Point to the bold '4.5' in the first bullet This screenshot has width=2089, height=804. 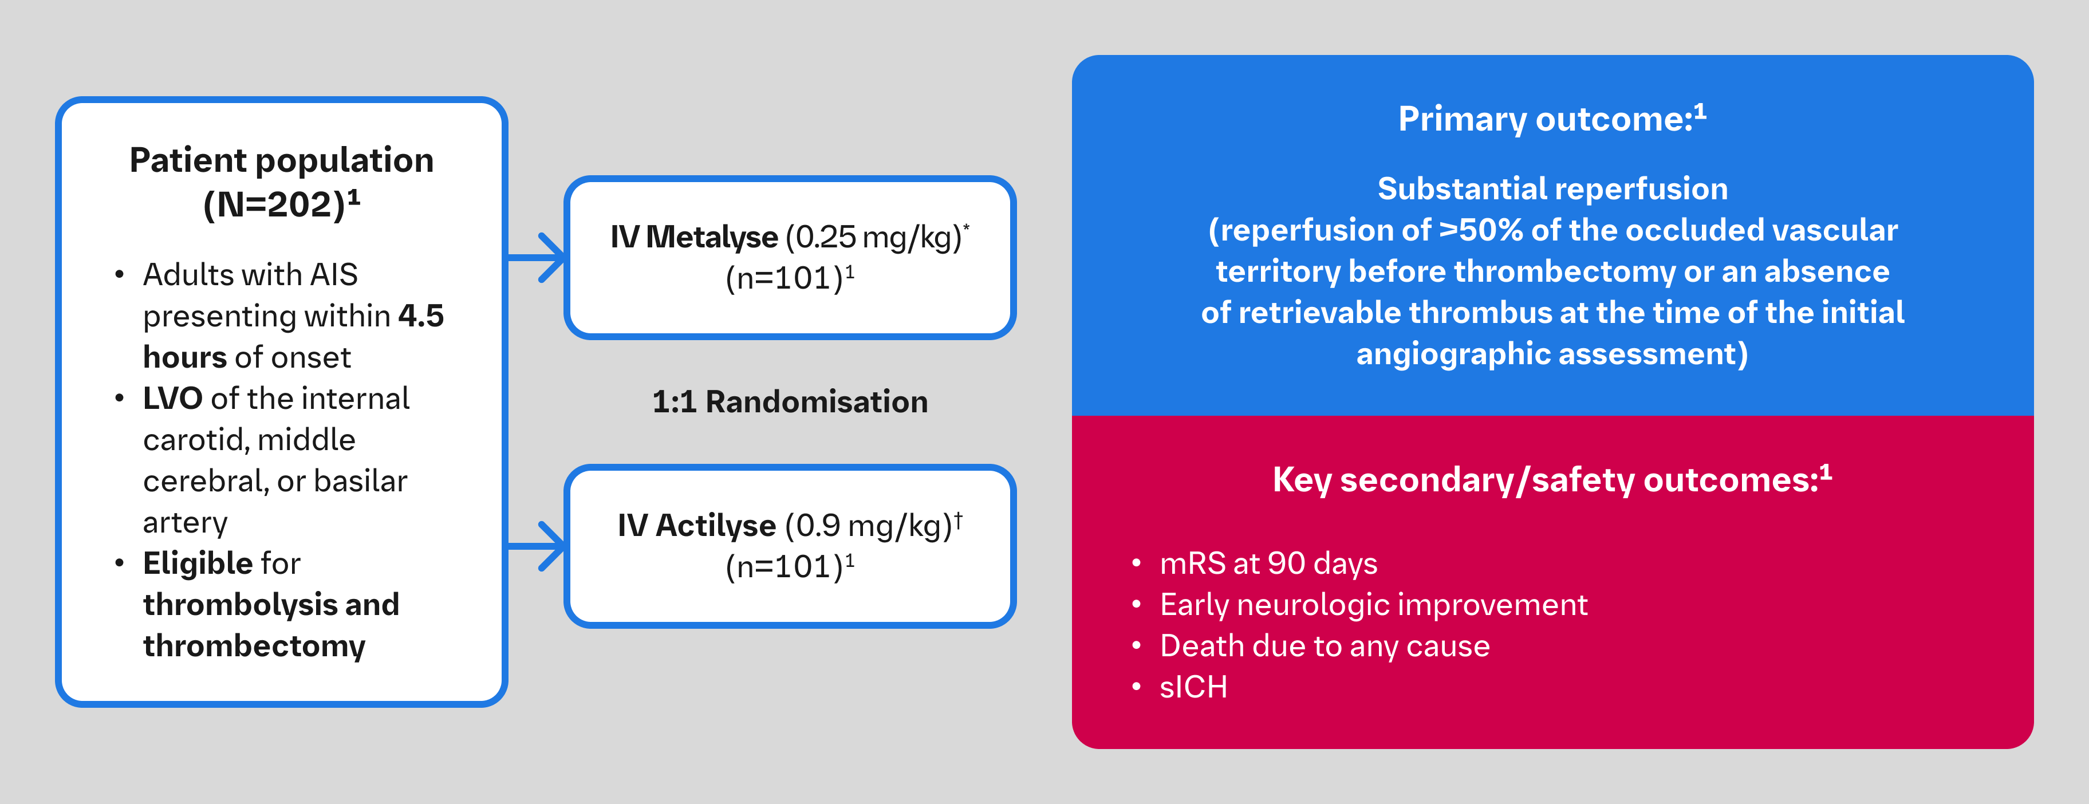(x=421, y=316)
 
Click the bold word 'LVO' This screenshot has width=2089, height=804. (x=172, y=399)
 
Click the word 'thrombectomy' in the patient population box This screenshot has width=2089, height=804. (x=254, y=646)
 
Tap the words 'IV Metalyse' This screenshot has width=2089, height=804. (x=693, y=237)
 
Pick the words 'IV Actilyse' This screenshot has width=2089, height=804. (x=696, y=526)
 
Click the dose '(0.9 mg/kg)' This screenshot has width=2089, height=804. (x=868, y=526)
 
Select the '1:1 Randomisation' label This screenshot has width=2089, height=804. (x=789, y=401)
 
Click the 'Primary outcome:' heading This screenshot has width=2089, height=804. (x=1545, y=119)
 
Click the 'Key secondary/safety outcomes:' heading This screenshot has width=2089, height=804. (x=1545, y=479)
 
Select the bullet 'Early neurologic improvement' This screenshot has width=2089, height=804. (x=1373, y=604)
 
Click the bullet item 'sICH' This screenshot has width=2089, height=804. (x=1193, y=687)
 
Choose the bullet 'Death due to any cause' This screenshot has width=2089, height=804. (x=1325, y=646)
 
